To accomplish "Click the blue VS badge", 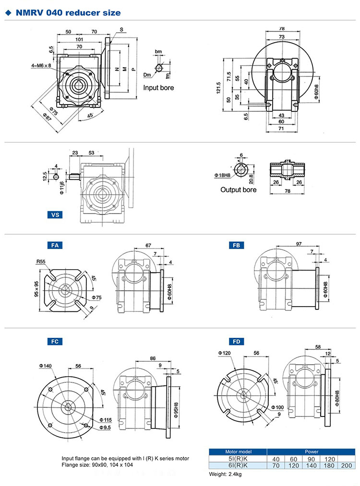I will pyautogui.click(x=56, y=215).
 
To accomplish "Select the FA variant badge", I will pyautogui.click(x=55, y=245).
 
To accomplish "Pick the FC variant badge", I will pyautogui.click(x=55, y=342).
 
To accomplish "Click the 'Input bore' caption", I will pyautogui.click(x=158, y=88).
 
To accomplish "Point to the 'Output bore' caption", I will pyautogui.click(x=238, y=190).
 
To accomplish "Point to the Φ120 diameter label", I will pyautogui.click(x=224, y=353).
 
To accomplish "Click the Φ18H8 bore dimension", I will pyautogui.click(x=222, y=176).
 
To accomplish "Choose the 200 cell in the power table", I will pyautogui.click(x=346, y=465).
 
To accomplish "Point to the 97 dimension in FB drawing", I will pyautogui.click(x=299, y=245).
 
